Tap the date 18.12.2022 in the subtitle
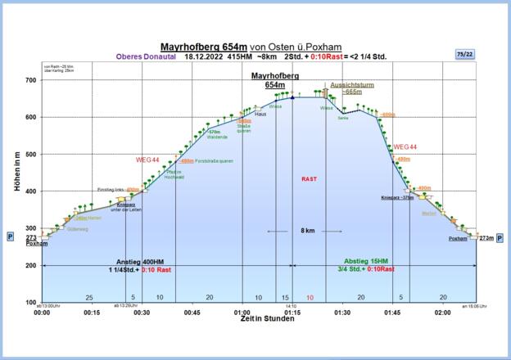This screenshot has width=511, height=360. click(x=203, y=56)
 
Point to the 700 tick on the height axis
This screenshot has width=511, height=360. click(x=30, y=80)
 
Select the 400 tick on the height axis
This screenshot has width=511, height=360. click(x=30, y=191)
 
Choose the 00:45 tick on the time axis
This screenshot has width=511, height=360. click(x=192, y=313)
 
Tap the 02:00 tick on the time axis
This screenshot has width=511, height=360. click(x=443, y=313)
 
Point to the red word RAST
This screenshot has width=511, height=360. click(x=309, y=178)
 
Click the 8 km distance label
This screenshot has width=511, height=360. click(x=309, y=232)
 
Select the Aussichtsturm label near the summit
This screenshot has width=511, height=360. click(x=353, y=85)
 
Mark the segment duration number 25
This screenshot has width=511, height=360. click(x=88, y=297)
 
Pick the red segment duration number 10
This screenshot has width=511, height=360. click(x=309, y=297)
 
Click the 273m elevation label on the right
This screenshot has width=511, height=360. click(x=486, y=238)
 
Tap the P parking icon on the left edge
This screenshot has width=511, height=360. click(x=10, y=236)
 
